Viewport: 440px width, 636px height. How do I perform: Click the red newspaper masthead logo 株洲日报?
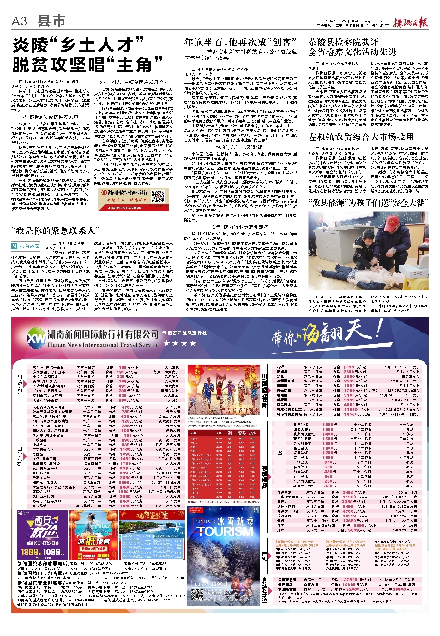click(x=410, y=22)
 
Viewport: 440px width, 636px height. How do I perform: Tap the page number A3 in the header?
click(x=19, y=21)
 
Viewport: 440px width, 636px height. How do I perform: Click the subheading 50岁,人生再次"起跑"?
click(x=240, y=147)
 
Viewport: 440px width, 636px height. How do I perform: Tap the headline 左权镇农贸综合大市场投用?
click(x=361, y=137)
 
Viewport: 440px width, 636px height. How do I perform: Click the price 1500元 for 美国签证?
click(x=329, y=425)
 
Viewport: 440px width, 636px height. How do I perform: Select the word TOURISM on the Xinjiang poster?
click(x=225, y=531)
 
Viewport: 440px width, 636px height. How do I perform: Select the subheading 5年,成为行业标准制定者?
click(x=240, y=227)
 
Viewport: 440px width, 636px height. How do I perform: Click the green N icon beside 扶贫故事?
click(x=14, y=246)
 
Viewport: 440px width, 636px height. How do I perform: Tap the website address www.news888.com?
click(x=154, y=600)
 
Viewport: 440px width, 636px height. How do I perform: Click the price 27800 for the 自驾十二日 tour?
click(x=350, y=580)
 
